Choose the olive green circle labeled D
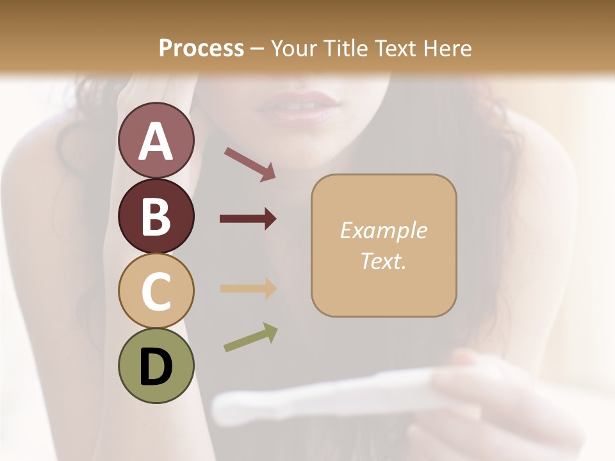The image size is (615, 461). tap(156, 366)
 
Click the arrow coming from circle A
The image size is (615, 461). tap(250, 163)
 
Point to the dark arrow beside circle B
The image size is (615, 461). tap(248, 219)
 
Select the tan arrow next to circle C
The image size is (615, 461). tap(248, 288)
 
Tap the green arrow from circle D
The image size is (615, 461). tap(250, 337)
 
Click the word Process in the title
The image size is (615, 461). tap(201, 48)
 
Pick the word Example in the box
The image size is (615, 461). tap(383, 230)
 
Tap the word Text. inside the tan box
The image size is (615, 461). tap(383, 261)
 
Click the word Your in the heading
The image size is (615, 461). tap(293, 48)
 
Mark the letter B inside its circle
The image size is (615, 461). tap(156, 216)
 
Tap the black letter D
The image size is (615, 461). tap(156, 367)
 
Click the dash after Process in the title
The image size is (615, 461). tap(257, 49)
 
